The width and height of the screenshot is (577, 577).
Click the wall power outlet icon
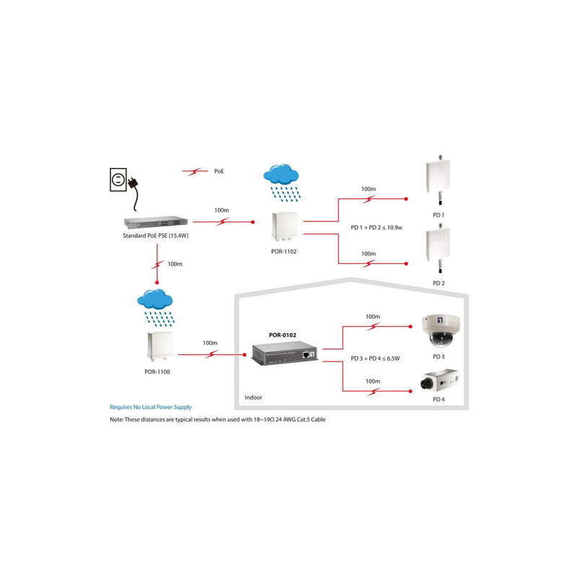(118, 180)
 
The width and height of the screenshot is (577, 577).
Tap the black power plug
(133, 182)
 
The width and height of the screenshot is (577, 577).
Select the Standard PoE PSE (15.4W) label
(156, 236)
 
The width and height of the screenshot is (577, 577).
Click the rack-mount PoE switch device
(156, 222)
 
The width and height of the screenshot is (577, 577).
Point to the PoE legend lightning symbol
(195, 172)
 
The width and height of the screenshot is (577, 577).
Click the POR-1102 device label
(283, 252)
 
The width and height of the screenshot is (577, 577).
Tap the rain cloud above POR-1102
(281, 183)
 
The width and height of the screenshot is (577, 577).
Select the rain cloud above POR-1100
(156, 308)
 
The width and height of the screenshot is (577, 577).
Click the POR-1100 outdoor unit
(160, 347)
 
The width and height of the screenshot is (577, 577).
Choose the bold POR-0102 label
(283, 335)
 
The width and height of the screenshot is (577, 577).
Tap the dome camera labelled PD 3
(441, 331)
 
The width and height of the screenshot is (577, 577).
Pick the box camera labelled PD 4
(439, 381)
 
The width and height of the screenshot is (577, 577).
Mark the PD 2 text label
(439, 283)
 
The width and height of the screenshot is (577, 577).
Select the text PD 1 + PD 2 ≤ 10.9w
(376, 228)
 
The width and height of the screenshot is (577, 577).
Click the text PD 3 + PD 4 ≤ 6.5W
(375, 358)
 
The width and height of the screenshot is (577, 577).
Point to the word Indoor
(254, 397)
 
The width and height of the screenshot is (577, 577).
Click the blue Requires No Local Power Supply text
(151, 407)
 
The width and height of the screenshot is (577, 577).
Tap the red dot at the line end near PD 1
(406, 199)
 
